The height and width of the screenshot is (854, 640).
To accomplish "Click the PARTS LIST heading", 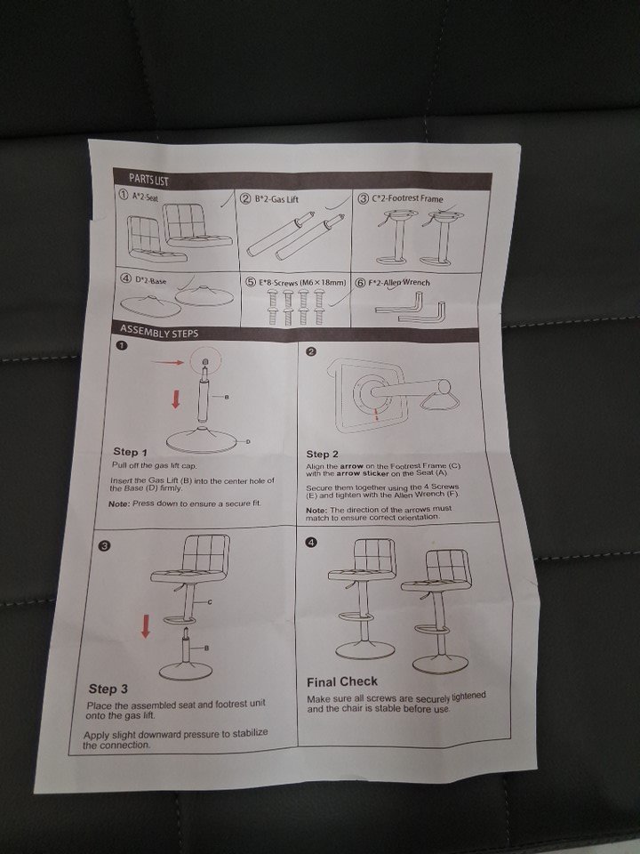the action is pos(148,179).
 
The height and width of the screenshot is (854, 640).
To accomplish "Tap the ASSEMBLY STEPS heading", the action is pos(159,331).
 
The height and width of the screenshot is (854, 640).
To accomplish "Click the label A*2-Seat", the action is pos(145,197).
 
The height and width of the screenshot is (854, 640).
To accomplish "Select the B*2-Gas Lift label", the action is pos(277,199).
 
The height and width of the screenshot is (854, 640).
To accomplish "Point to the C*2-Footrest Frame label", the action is pos(407,198).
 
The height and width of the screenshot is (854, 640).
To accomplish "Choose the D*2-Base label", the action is pos(151,280).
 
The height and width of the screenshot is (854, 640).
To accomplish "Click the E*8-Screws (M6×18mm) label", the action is pos(302,283).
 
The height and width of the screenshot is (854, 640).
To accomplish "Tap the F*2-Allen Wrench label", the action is pos(399,283).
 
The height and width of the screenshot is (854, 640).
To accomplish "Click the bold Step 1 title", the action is pos(130,452).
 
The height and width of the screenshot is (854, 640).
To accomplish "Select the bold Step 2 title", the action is pos(322,454).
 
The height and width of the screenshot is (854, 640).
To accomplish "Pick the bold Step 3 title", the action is pos(108,689).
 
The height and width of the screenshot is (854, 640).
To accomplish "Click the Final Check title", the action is pos(341,682).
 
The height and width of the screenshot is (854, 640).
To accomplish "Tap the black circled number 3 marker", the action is pos(106,546).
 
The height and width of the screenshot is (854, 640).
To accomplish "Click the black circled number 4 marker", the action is pos(311,543).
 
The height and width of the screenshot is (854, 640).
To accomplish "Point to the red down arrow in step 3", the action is pos(145,625).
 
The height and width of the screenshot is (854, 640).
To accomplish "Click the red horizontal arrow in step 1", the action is pos(167,362).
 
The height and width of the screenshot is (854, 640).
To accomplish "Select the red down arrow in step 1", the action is pos(175,400).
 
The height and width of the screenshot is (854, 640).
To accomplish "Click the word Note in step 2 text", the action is pos(316,511).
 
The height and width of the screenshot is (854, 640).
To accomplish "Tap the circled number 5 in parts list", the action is pos(251,282).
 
